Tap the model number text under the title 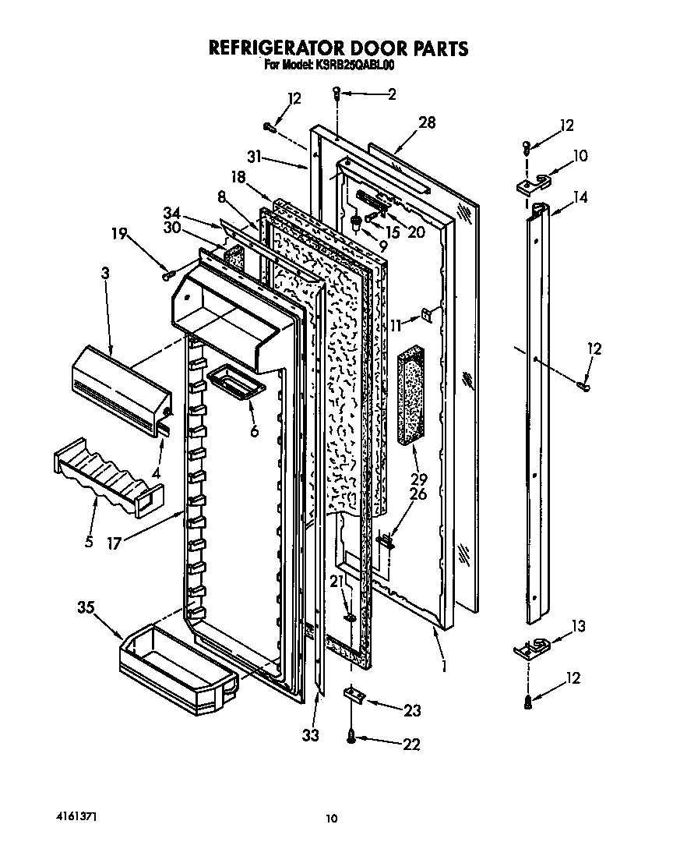click(335, 65)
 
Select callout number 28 click(426, 122)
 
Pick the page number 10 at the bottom click(332, 818)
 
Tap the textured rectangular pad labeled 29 click(412, 397)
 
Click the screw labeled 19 click(166, 274)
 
